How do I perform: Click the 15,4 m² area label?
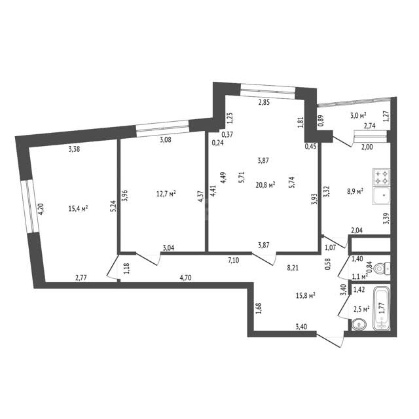(x=79, y=208)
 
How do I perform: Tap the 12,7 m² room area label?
(x=166, y=194)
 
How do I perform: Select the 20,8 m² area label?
(x=266, y=185)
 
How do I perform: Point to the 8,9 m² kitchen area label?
(x=355, y=191)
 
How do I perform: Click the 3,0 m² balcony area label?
(x=358, y=115)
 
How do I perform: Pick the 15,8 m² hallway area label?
(x=306, y=295)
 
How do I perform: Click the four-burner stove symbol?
(x=381, y=177)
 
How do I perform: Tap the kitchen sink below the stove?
(x=381, y=196)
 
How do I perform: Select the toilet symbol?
(x=382, y=268)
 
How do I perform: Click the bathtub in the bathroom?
(x=382, y=308)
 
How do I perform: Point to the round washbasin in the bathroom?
(x=359, y=325)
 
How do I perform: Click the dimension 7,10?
(x=234, y=260)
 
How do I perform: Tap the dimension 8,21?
(x=293, y=268)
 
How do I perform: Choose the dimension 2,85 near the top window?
(x=264, y=102)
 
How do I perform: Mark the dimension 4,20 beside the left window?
(x=41, y=209)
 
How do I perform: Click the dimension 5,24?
(x=113, y=206)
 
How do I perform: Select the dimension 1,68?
(x=259, y=308)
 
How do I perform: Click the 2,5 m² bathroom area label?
(x=361, y=309)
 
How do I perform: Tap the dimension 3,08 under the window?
(x=166, y=139)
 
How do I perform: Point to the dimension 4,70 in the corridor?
(x=185, y=278)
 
